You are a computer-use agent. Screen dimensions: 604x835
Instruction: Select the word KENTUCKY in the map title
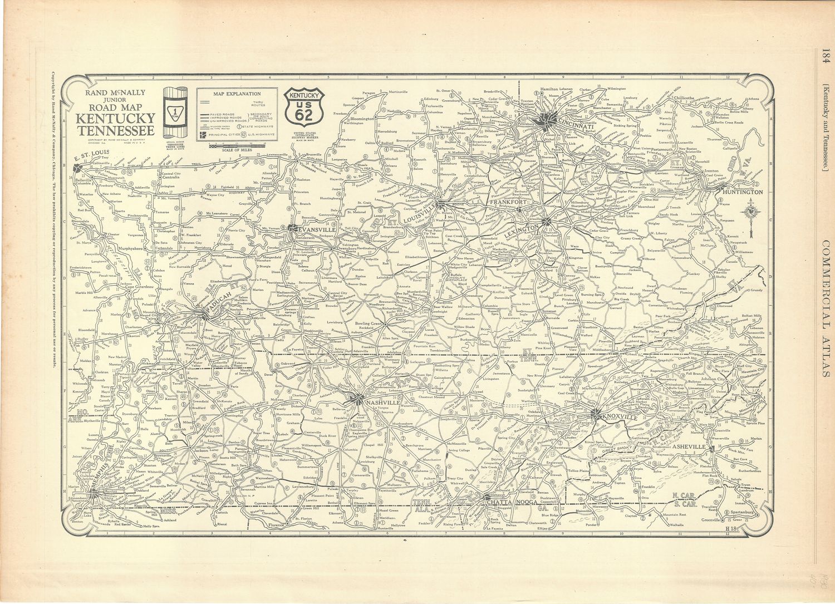pyautogui.click(x=115, y=118)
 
